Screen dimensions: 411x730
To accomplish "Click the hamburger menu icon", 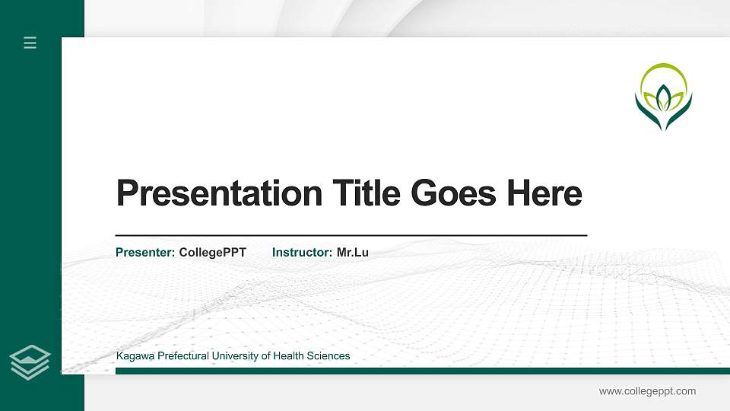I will pyautogui.click(x=30, y=43).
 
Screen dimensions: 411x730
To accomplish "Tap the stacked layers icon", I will pyautogui.click(x=30, y=362).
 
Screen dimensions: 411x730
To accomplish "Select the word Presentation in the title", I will pyautogui.click(x=219, y=193).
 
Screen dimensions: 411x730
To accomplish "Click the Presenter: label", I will pyautogui.click(x=145, y=252).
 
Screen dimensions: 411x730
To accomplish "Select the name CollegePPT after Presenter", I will pyautogui.click(x=212, y=252).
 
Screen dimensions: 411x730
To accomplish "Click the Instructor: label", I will pyautogui.click(x=302, y=252).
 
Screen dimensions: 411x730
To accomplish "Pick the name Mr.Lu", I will pyautogui.click(x=352, y=252).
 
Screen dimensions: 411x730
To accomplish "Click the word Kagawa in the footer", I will pyautogui.click(x=133, y=356).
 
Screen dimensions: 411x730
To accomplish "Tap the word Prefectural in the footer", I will pyautogui.click(x=181, y=356).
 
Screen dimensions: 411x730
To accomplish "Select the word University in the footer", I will pyautogui.click(x=234, y=356).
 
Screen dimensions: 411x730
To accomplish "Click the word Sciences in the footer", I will pyautogui.click(x=329, y=356).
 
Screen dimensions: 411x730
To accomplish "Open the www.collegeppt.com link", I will pyautogui.click(x=647, y=391).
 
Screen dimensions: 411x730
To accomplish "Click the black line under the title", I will pyautogui.click(x=351, y=236).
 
